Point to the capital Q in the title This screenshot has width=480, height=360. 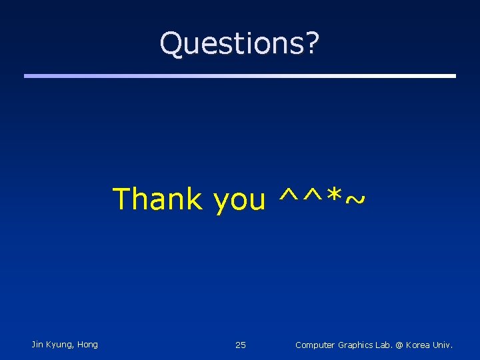[x=172, y=44]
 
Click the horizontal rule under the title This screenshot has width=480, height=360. [x=240, y=76]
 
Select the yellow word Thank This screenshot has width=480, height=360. [x=157, y=199]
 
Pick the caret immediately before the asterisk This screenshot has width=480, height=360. [x=313, y=196]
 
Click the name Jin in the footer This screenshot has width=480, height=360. [x=37, y=345]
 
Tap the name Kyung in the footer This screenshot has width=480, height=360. [x=60, y=345]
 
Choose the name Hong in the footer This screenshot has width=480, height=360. [x=87, y=345]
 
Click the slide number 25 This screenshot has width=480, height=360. [x=241, y=345]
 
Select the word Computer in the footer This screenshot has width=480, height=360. [x=315, y=345]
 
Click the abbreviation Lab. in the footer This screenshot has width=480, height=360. [x=387, y=345]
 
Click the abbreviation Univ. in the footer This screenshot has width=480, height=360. [x=443, y=345]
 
